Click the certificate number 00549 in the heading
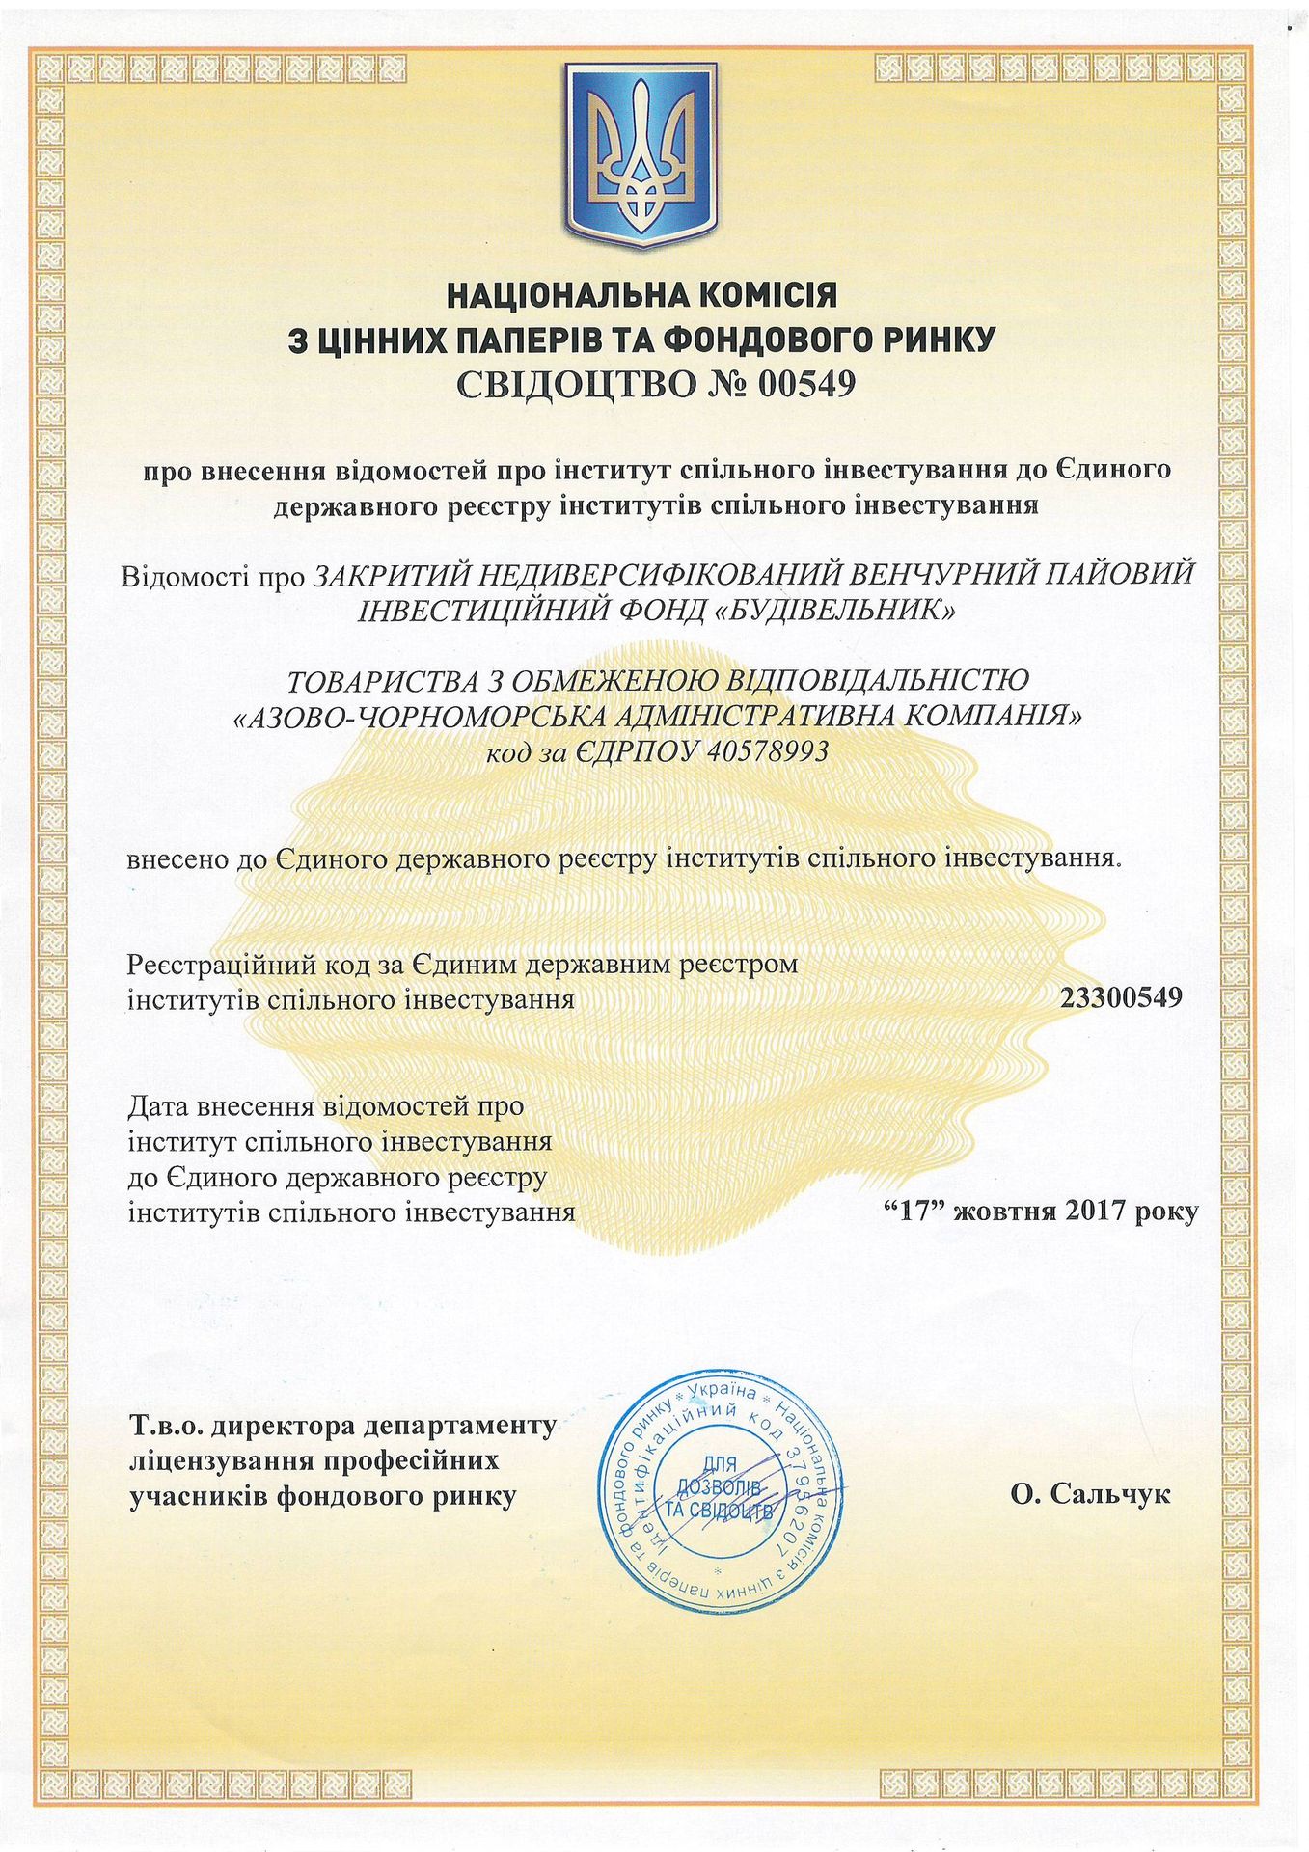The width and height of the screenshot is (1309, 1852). click(x=806, y=385)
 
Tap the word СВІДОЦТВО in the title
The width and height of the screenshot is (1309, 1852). click(x=576, y=385)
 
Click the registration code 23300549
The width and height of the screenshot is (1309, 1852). click(x=1121, y=997)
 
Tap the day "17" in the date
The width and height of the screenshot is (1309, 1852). click(x=912, y=1211)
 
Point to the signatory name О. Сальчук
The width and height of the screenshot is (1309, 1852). click(x=1091, y=1495)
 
